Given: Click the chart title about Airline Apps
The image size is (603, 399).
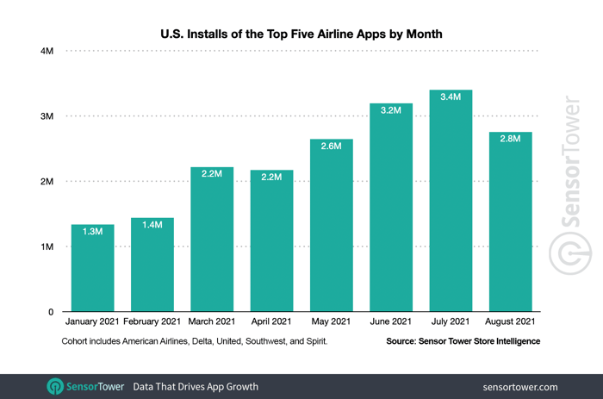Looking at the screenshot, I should pyautogui.click(x=301, y=34).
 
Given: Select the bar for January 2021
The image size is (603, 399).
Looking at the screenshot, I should pyautogui.click(x=92, y=271).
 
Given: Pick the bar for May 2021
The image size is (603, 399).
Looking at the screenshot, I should pyautogui.click(x=332, y=228).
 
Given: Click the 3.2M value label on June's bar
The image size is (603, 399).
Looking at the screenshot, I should pyautogui.click(x=391, y=112).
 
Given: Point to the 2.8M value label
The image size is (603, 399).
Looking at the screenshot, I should pyautogui.click(x=510, y=139).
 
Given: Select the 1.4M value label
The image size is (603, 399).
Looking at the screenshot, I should pyautogui.click(x=152, y=227).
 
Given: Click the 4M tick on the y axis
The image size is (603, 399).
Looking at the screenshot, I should pyautogui.click(x=47, y=52).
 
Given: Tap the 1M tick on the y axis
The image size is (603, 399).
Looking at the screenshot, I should pyautogui.click(x=47, y=247).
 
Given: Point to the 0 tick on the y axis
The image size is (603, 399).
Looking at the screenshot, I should pyautogui.click(x=51, y=312).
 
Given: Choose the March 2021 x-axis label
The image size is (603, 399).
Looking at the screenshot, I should pyautogui.click(x=212, y=322).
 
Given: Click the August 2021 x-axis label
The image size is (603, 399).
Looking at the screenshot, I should pyautogui.click(x=510, y=322).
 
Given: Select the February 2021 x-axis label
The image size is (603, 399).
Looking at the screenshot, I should pyautogui.click(x=152, y=322).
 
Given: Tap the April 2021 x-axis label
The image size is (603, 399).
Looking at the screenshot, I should pyautogui.click(x=271, y=322).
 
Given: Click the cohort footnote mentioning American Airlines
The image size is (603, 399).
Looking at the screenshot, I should pyautogui.click(x=195, y=341).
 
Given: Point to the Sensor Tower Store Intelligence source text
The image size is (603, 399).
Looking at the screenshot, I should pyautogui.click(x=463, y=341).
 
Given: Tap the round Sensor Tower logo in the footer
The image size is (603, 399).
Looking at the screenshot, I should pyautogui.click(x=55, y=386).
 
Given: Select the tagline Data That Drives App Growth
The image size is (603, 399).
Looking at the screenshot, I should pyautogui.click(x=196, y=386).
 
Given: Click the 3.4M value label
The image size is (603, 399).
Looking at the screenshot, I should pyautogui.click(x=451, y=97).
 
